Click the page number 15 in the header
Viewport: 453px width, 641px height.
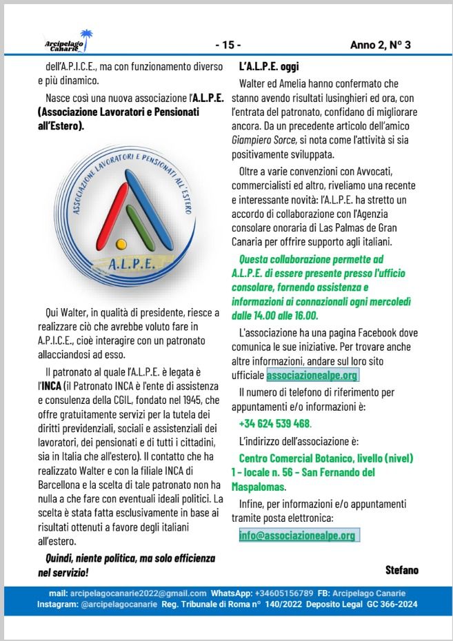(228, 45)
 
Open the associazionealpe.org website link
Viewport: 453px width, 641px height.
(312, 376)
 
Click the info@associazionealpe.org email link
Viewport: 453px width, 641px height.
(297, 536)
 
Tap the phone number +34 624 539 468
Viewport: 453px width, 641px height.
(275, 424)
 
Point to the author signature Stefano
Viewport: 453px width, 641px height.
(402, 569)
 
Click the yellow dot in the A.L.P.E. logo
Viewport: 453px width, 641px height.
(121, 243)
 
